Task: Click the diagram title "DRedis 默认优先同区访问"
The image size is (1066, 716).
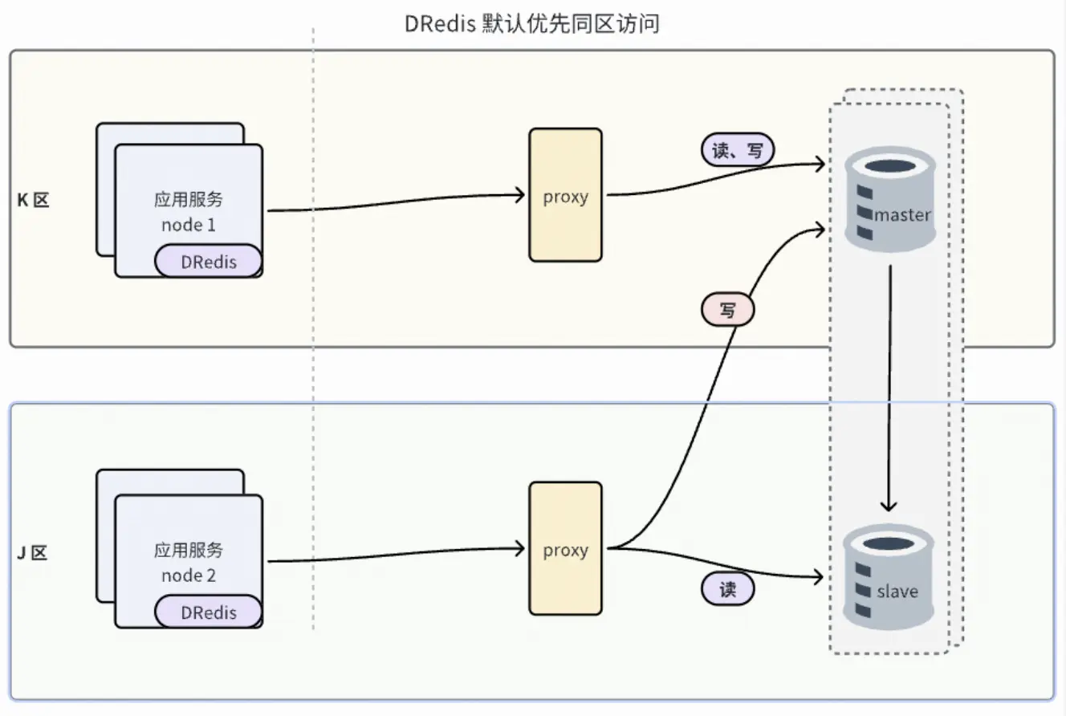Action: pos(532,24)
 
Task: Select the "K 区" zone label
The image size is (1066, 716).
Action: pos(34,200)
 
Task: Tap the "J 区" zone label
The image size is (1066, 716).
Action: pos(34,553)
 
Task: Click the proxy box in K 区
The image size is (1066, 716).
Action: pos(565,195)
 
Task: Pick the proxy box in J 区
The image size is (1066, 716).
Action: pos(565,549)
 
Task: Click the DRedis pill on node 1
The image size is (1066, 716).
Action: pos(209,261)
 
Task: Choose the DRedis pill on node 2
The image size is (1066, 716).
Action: pos(209,612)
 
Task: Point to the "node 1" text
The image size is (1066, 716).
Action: pos(189,225)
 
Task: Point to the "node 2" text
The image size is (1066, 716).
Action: pos(189,576)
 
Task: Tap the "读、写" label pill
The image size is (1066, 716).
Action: pos(738,149)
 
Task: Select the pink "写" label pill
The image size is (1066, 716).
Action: pos(728,310)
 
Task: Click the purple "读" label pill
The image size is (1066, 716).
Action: pos(728,589)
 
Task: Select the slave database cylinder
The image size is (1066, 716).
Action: pos(889,578)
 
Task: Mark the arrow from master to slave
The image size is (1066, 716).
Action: pos(889,385)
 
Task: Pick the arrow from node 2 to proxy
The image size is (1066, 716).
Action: pos(393,555)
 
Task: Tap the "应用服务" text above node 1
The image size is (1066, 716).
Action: pos(189,199)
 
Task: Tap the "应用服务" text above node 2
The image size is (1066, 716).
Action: pos(189,551)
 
